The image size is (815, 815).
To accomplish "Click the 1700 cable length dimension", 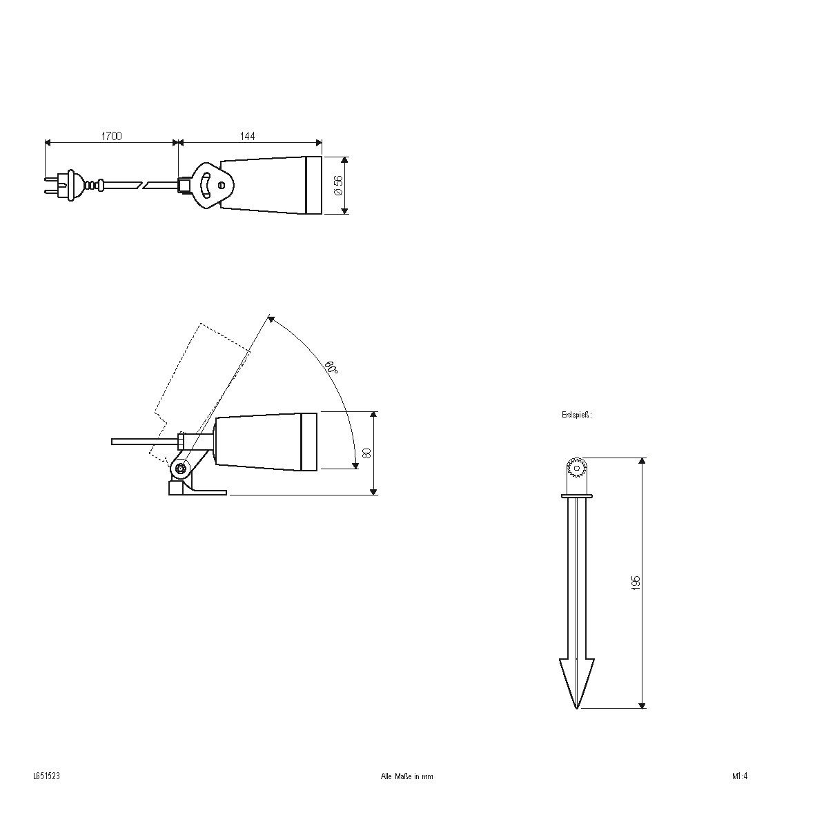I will tap(111, 137).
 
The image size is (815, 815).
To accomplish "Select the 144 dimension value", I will tap(247, 137).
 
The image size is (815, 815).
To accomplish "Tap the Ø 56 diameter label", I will tap(338, 185).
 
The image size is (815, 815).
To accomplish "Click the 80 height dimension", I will tap(367, 453).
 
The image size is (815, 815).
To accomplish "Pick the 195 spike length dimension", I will tap(636, 582).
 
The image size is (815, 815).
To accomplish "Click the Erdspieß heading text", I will tap(576, 415).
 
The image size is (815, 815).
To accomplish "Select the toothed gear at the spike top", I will tap(576, 469).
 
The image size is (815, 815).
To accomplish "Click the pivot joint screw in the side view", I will tap(181, 469).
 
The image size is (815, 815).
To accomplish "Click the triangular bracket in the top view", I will tap(212, 184).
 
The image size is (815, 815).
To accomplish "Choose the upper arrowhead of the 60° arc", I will tap(271, 319).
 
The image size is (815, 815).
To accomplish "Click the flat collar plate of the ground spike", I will tap(576, 495).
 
